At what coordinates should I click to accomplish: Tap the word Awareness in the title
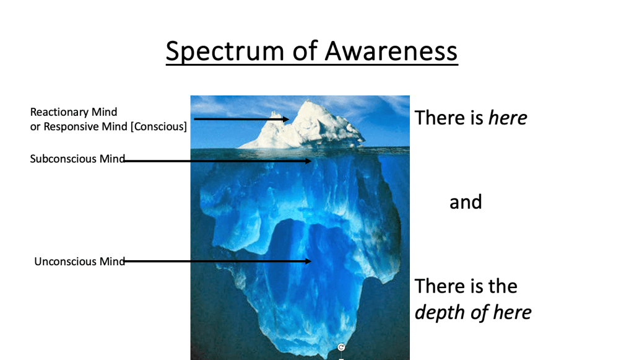[x=391, y=51]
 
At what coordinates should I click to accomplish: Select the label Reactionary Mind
[x=74, y=112]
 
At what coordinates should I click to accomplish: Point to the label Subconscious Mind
[x=77, y=159]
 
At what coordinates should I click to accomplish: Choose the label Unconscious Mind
[x=80, y=261]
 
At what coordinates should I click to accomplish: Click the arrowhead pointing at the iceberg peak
[x=286, y=119]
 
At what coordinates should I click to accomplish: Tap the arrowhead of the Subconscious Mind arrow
[x=308, y=161]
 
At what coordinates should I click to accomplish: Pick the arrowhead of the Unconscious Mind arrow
[x=308, y=261]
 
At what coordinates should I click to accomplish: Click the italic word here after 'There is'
[x=508, y=118]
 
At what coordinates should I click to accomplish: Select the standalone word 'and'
[x=466, y=202]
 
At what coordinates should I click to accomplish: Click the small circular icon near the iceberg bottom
[x=341, y=348]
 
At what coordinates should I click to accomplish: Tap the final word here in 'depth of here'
[x=512, y=312]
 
